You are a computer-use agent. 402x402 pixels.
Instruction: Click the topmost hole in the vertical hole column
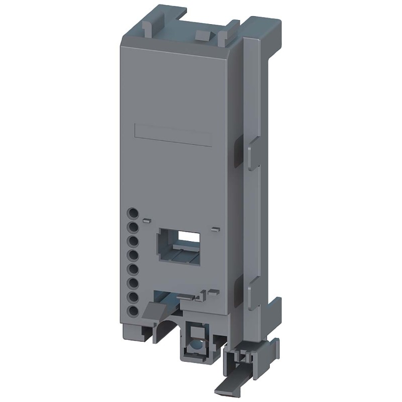pyautogui.click(x=133, y=213)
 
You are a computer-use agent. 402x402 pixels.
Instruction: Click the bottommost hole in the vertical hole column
pyautogui.click(x=133, y=311)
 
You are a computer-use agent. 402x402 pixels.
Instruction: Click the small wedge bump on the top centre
pyautogui.click(x=202, y=35)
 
